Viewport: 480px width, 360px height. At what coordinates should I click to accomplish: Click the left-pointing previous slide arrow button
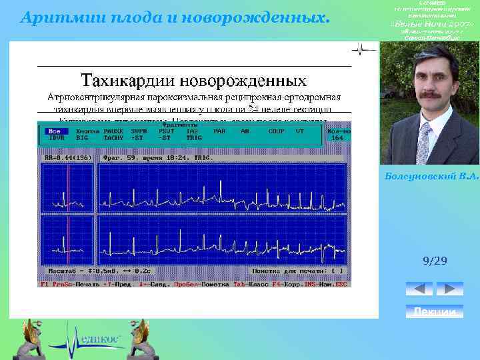(x=419, y=289)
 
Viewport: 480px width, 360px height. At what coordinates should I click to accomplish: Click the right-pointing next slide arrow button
(x=450, y=289)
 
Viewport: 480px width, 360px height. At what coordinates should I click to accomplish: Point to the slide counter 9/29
(x=434, y=261)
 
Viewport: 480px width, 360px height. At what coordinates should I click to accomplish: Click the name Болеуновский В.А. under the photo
(x=432, y=175)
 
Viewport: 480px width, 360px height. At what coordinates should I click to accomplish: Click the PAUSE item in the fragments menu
(x=113, y=131)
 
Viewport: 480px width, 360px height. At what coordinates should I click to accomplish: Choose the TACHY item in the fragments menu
(x=113, y=138)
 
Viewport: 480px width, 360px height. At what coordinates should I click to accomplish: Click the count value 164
(x=337, y=138)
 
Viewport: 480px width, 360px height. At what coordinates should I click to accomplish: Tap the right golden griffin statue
(x=145, y=338)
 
